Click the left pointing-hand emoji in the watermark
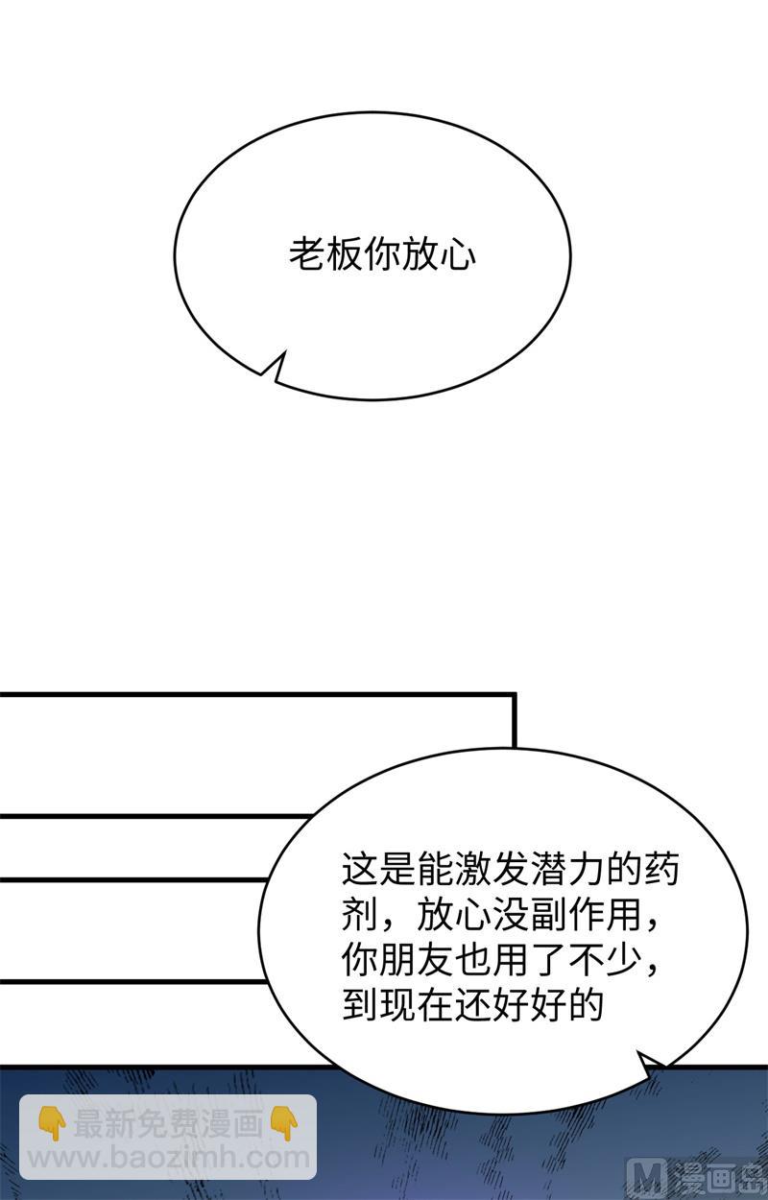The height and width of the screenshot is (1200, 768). (52, 1124)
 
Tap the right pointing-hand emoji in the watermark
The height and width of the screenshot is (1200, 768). (283, 1124)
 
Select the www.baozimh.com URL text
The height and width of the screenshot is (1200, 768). (168, 1159)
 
